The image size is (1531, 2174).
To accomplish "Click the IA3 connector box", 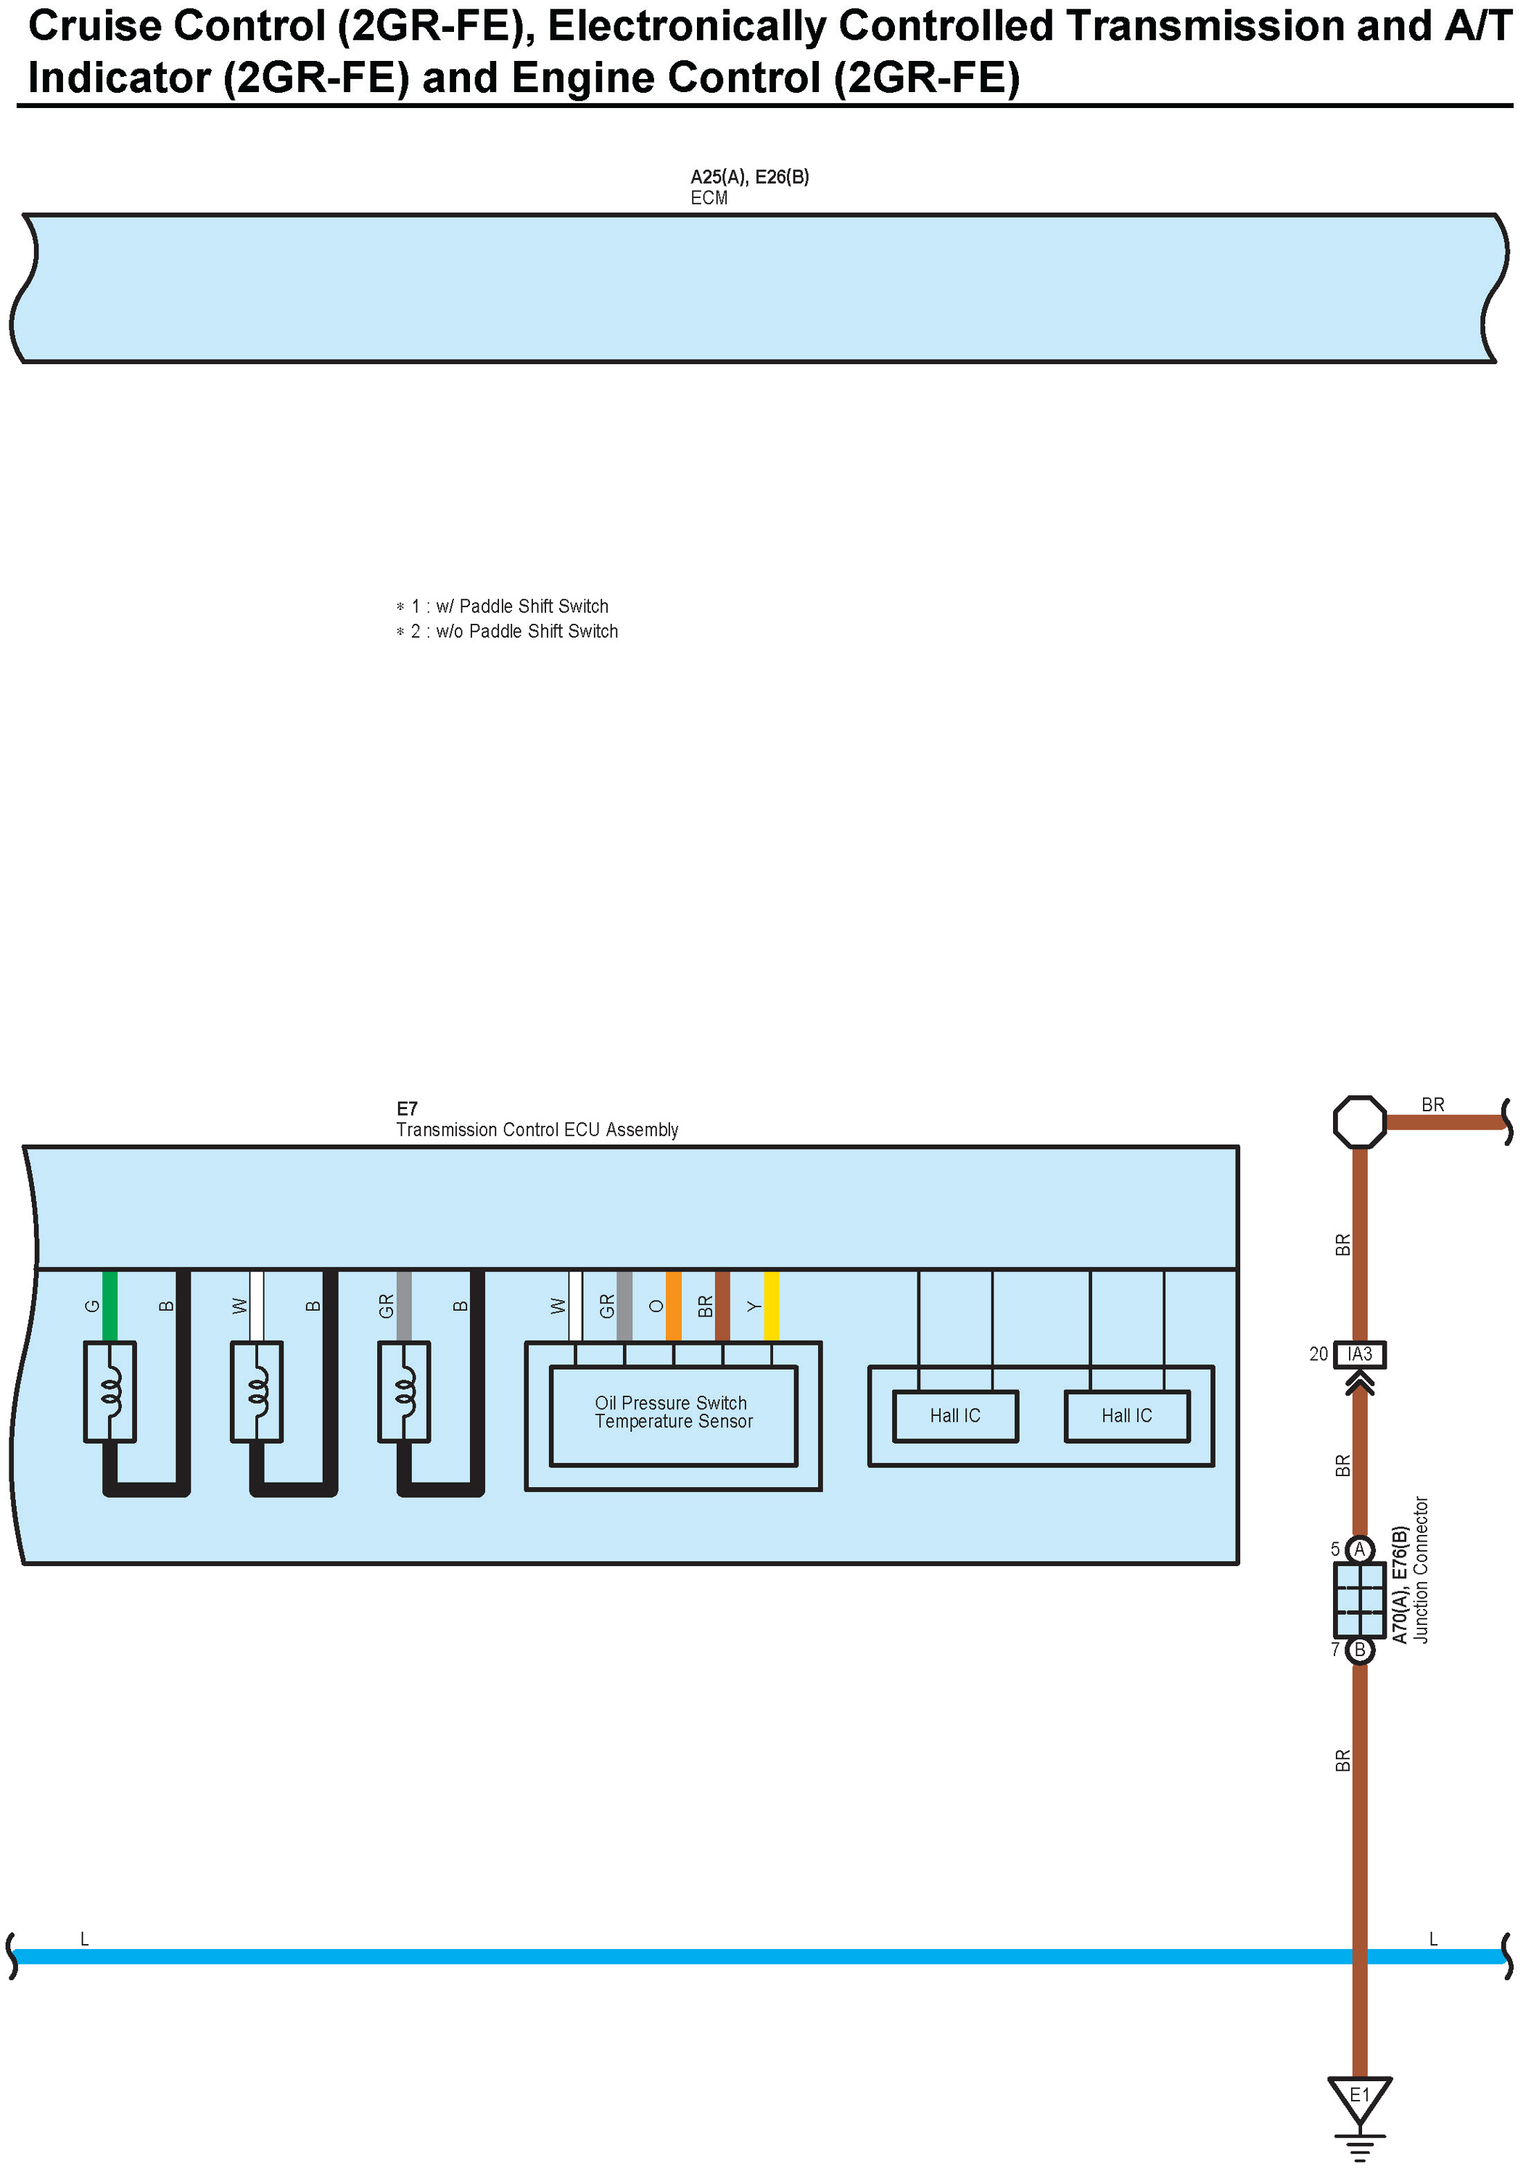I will [x=1360, y=1354].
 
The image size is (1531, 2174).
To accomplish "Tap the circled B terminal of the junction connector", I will [x=1360, y=1650].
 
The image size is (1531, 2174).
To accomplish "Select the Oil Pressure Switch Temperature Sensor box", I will [x=673, y=1413].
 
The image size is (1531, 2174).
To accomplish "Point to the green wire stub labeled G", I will [x=110, y=1306].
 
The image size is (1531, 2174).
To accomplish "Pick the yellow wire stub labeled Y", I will [x=772, y=1306].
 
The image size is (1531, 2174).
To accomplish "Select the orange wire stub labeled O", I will [x=673, y=1306].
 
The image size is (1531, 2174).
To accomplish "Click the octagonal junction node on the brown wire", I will [x=1360, y=1123].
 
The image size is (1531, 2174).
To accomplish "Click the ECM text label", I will [x=709, y=198].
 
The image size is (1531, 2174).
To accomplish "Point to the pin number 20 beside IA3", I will [x=1318, y=1355].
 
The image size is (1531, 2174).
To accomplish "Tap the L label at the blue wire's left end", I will [x=84, y=1939].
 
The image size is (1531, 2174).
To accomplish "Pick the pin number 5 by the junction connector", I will [x=1335, y=1549].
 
